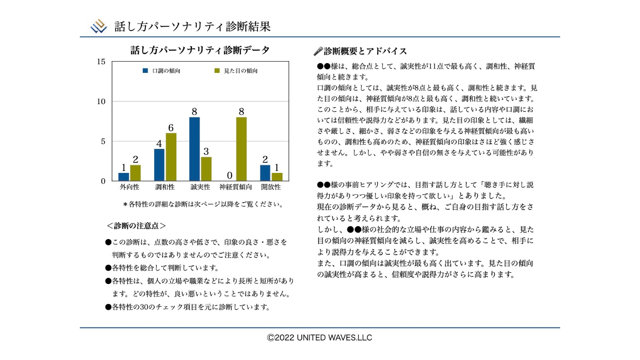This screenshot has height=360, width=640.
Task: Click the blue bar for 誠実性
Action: tap(194, 149)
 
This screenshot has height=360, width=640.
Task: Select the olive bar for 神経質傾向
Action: tap(241, 149)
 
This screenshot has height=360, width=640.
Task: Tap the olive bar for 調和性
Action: tap(171, 157)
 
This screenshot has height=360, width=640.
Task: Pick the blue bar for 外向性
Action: tap(124, 177)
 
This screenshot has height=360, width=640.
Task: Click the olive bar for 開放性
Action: tap(277, 177)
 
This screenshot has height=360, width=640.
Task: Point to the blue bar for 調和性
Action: tap(159, 165)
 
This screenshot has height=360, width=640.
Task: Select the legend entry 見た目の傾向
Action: tap(236, 71)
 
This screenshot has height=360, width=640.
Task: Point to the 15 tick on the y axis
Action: tap(101, 62)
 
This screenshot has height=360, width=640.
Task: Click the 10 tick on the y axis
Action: tap(101, 101)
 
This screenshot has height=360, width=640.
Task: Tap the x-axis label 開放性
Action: tap(271, 187)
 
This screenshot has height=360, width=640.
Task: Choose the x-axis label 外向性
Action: tap(130, 187)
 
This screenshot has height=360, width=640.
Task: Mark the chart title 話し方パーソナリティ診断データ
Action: tap(200, 50)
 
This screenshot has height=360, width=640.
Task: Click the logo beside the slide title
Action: tap(99, 27)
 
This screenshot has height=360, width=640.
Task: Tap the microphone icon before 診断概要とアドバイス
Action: tap(318, 52)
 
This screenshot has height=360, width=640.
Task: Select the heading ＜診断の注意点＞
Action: tap(136, 226)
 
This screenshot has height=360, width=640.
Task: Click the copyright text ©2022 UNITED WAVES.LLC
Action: tap(320, 338)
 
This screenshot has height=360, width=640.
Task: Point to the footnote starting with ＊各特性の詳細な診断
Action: tap(203, 204)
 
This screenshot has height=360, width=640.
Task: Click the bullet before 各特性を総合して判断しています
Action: tap(108, 268)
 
